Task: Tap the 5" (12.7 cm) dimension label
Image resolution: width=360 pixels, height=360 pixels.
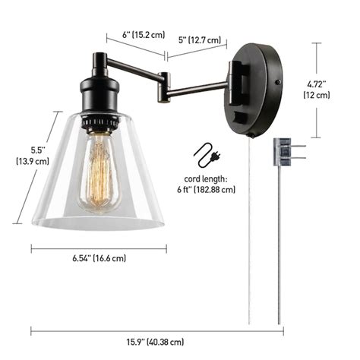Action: (200, 39)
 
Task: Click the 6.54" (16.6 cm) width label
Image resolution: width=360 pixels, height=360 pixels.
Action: (98, 258)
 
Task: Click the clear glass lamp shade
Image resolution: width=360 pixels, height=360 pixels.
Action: (99, 182)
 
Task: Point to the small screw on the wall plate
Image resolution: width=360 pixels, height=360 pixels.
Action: (279, 81)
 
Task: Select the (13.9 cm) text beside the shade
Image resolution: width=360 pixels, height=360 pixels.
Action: (32, 161)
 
